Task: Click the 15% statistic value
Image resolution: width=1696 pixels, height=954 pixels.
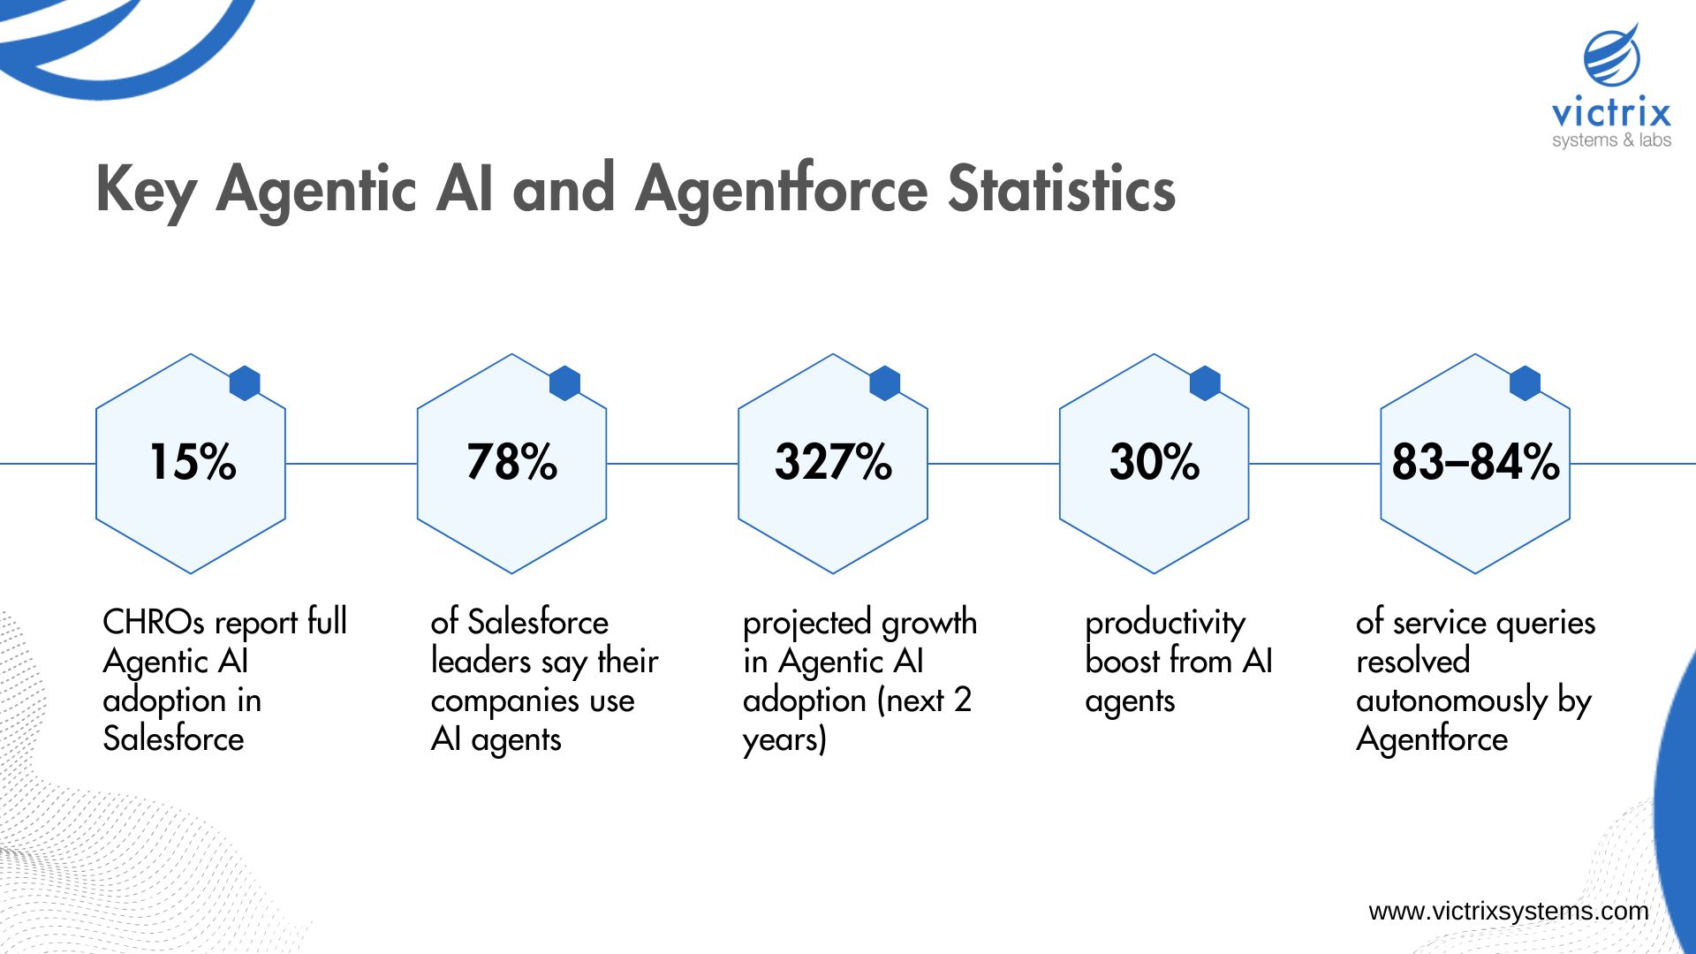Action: pos(193,462)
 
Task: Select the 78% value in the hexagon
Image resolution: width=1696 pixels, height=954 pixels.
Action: pos(512,462)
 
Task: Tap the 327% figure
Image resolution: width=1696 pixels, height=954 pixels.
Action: pos(833,462)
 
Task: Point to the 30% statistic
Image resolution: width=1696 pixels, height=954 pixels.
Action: pos(1155,462)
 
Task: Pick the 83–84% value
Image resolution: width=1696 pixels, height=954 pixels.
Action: pos(1475,462)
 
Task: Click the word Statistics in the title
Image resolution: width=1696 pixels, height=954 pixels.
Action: pos(1061,189)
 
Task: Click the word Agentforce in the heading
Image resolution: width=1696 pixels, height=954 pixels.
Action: pos(782,189)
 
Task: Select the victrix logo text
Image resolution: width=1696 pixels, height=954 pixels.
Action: pos(1611,113)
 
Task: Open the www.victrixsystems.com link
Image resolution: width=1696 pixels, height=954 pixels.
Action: pos(1508,911)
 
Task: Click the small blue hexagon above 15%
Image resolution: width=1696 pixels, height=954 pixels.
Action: pos(245,383)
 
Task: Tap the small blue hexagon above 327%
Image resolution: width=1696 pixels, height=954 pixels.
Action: pos(885,383)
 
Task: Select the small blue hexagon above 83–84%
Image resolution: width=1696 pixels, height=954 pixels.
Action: pos(1525,383)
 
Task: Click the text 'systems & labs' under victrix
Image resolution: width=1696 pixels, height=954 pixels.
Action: pos(1611,140)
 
